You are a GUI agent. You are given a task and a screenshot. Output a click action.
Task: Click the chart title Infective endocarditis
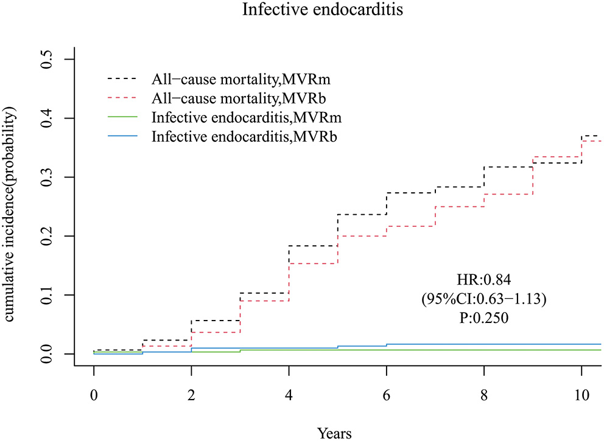pyautogui.click(x=301, y=10)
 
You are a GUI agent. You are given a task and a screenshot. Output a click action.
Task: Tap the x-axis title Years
pyautogui.click(x=334, y=432)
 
